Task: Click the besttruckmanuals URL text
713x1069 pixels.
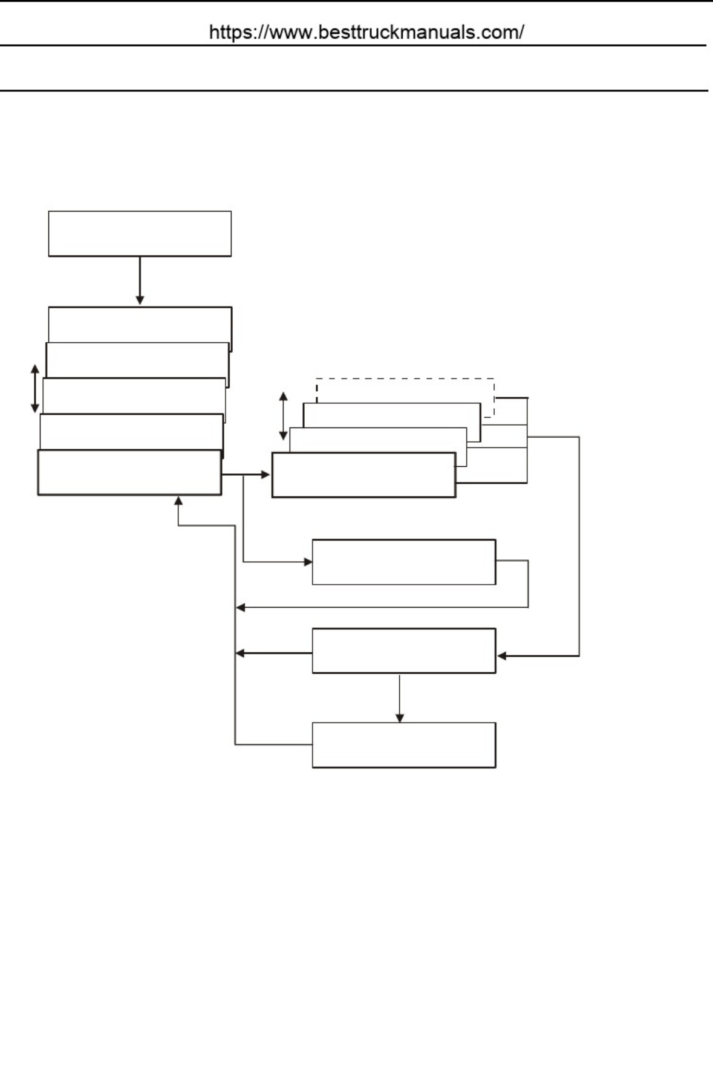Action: (x=366, y=32)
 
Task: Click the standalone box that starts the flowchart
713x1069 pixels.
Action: (x=140, y=233)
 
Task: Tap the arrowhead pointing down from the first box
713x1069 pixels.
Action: (x=140, y=300)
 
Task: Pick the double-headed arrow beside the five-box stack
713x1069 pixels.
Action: (x=35, y=389)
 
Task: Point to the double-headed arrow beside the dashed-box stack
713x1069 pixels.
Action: (x=283, y=416)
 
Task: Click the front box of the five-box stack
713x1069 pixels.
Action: (x=129, y=472)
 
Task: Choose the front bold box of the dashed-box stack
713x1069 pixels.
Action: (x=363, y=475)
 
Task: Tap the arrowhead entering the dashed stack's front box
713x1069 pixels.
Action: (x=265, y=475)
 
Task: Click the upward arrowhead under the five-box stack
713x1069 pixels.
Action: (x=178, y=501)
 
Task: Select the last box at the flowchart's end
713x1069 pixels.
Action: (x=404, y=745)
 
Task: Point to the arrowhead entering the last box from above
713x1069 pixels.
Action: (x=399, y=718)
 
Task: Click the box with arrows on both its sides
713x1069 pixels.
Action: (x=404, y=651)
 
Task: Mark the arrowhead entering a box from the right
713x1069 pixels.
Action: (x=502, y=655)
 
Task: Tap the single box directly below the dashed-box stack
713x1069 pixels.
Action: (x=404, y=562)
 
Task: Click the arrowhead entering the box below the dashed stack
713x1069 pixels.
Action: (x=308, y=562)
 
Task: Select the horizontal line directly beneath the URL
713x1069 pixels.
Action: (x=353, y=45)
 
